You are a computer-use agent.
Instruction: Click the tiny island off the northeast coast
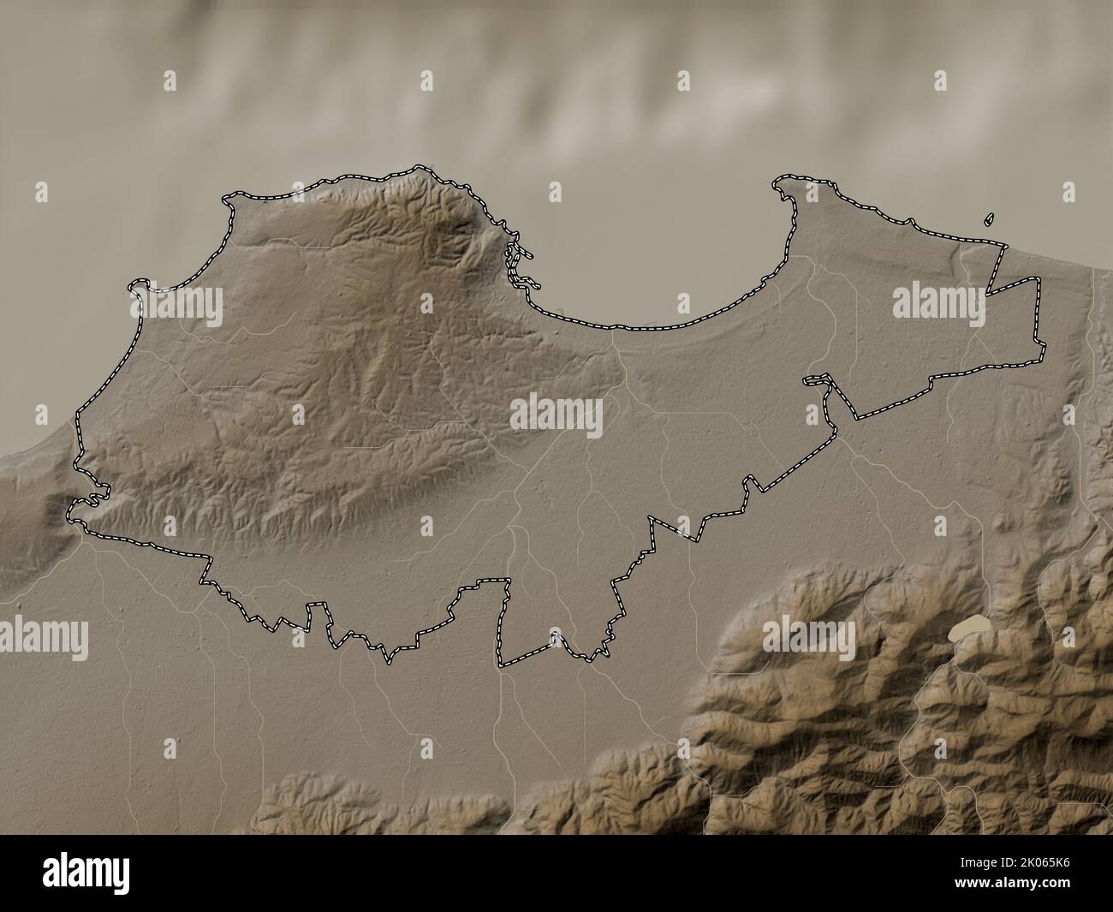point(990,219)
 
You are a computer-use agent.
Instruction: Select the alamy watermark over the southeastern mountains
point(809,636)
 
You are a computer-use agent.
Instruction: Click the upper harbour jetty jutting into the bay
point(520,253)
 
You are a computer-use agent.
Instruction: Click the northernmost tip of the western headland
point(420,167)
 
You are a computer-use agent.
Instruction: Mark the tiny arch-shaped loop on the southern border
point(556,635)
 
